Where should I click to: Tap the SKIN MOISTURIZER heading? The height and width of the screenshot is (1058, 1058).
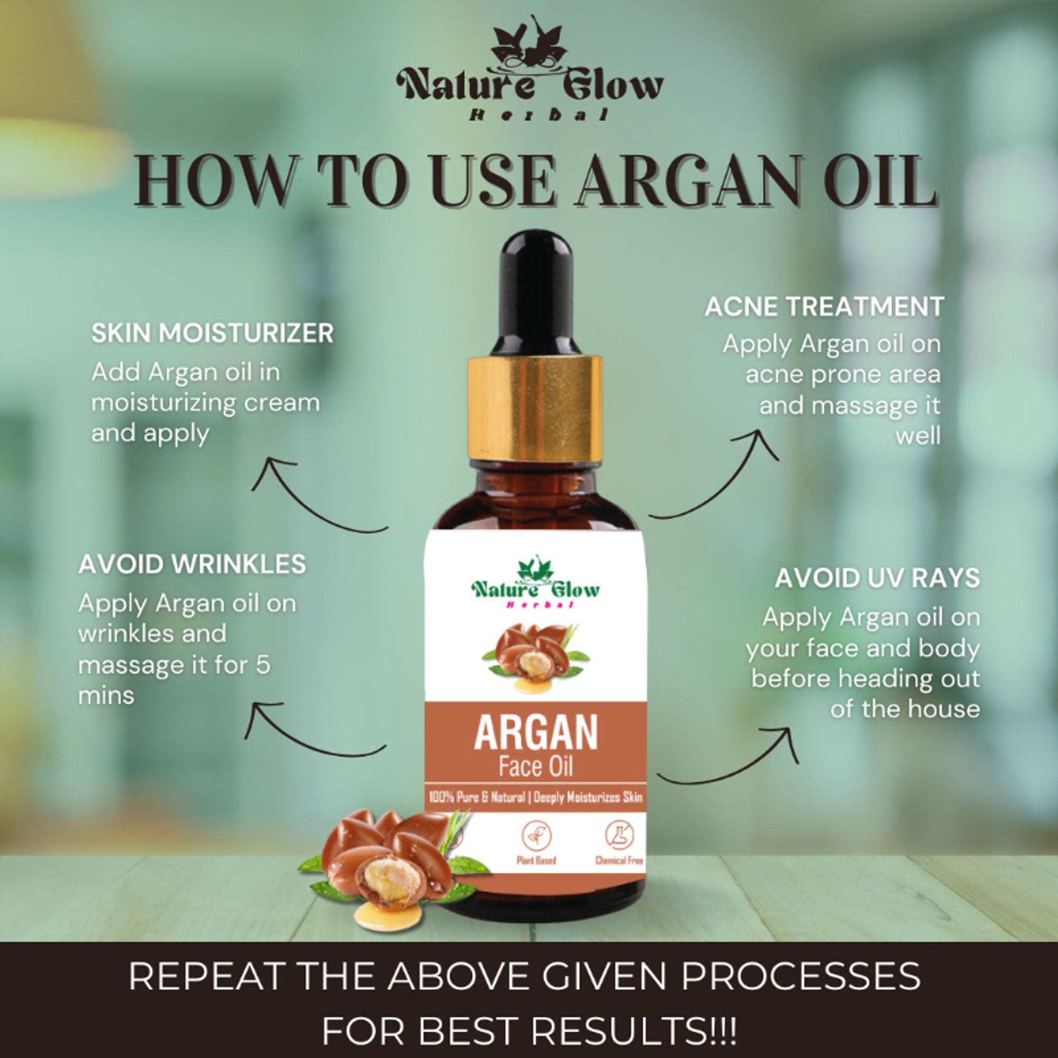pyautogui.click(x=213, y=333)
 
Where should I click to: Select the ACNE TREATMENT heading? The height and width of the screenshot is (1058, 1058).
pyautogui.click(x=824, y=307)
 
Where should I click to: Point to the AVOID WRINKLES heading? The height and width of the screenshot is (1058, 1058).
pyautogui.click(x=192, y=564)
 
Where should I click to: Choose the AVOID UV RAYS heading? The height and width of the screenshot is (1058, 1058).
pyautogui.click(x=877, y=578)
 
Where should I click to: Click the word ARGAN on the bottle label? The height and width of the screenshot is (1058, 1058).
pyautogui.click(x=535, y=734)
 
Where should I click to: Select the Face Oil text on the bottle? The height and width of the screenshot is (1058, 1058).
pyautogui.click(x=535, y=767)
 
